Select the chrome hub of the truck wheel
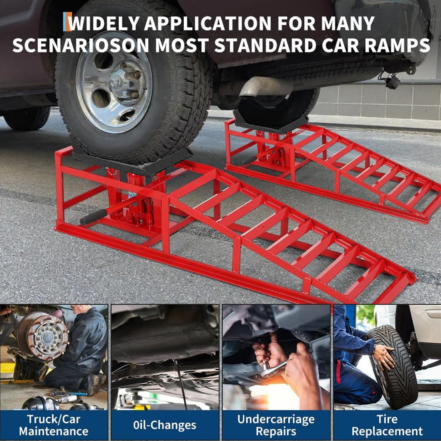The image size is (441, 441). click(x=114, y=81)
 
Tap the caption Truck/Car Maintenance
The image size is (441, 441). click(x=54, y=425)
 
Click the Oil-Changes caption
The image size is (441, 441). click(x=164, y=425)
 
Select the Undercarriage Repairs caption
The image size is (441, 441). click(x=276, y=425)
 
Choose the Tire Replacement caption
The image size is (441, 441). click(x=387, y=425)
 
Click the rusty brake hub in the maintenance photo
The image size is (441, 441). click(x=42, y=336)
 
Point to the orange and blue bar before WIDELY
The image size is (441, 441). click(x=67, y=22)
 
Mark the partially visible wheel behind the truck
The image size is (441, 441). click(x=27, y=118)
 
